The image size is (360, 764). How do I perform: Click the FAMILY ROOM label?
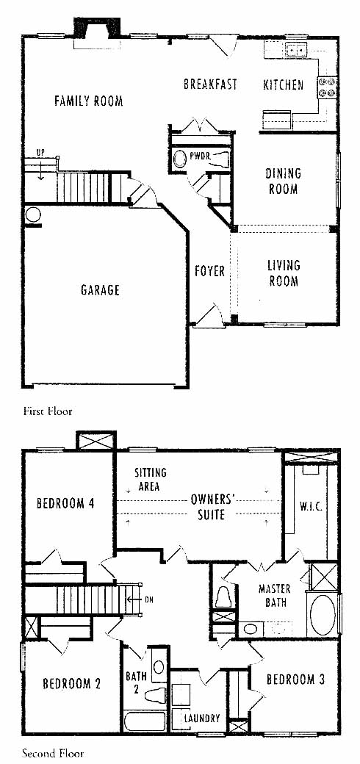(88, 101)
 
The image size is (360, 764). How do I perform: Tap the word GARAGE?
(100, 290)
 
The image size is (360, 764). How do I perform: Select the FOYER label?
(210, 271)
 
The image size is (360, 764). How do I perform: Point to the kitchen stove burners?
(328, 87)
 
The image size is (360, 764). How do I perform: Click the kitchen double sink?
(296, 49)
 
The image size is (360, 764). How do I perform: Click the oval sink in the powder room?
(180, 159)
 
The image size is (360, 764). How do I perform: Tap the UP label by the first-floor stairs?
(41, 153)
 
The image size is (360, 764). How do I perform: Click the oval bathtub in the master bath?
(323, 614)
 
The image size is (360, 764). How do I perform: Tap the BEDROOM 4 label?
(65, 502)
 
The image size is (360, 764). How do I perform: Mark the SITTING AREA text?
(151, 479)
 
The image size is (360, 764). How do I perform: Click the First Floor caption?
(48, 411)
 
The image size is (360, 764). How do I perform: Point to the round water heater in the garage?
(32, 215)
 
